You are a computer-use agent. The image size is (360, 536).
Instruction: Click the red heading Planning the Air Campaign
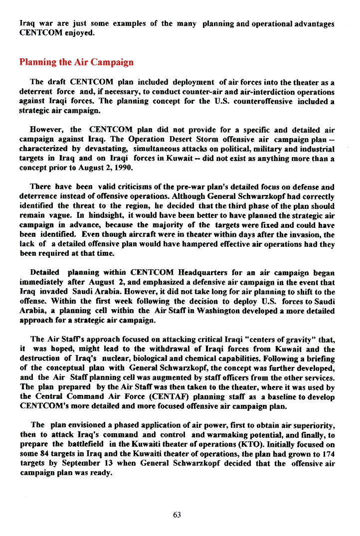click(x=76, y=62)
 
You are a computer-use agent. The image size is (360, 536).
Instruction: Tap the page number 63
click(x=177, y=515)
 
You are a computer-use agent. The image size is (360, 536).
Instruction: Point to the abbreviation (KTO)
click(x=255, y=444)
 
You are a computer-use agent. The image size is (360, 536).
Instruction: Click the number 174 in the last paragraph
click(x=328, y=454)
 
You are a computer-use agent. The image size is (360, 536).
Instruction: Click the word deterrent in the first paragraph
click(x=36, y=92)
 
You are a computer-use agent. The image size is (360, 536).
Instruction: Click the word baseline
click(x=280, y=397)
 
